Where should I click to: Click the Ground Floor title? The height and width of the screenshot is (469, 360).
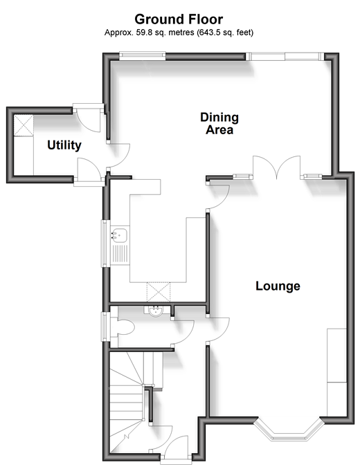coord(179,19)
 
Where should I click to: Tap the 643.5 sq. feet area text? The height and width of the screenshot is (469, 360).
coord(225,33)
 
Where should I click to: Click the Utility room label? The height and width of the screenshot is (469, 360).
coord(64,145)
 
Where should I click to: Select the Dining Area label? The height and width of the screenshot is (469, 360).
coord(219,123)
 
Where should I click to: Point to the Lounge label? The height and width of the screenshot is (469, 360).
coord(278,286)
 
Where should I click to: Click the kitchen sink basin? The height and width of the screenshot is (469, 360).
coord(119,234)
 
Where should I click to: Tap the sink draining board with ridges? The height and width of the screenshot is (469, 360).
coord(120,254)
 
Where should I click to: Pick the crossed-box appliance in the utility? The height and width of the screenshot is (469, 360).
coord(24,125)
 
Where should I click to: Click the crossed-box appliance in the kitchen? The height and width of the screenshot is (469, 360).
coord(159,292)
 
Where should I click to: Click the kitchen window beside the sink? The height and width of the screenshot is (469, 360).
coord(105,243)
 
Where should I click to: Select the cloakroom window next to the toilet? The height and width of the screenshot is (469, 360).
coord(105,327)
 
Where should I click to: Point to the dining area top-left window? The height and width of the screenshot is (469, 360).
coord(142,55)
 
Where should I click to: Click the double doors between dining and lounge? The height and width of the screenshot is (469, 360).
coord(277,167)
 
